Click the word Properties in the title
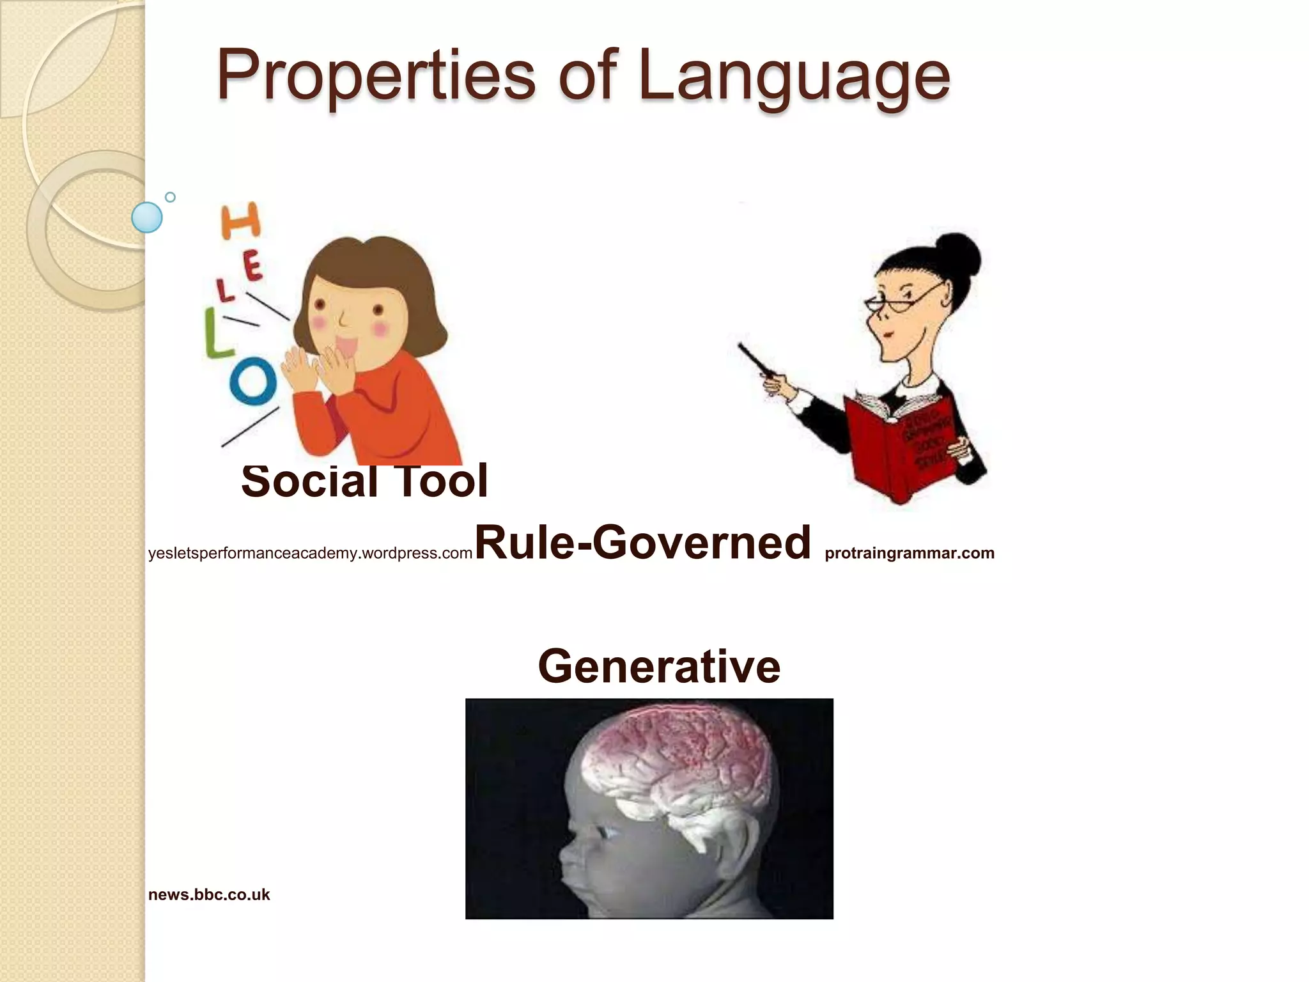click(x=376, y=77)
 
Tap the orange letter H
click(x=241, y=221)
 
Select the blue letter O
click(x=253, y=381)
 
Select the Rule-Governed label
click(x=643, y=542)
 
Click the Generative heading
click(x=659, y=666)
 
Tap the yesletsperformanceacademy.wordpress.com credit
click(x=310, y=553)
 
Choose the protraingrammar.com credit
click(x=910, y=553)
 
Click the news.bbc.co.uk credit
click(x=209, y=894)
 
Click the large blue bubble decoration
click(x=147, y=217)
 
